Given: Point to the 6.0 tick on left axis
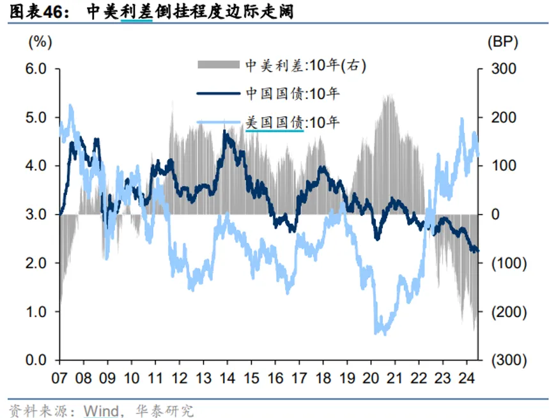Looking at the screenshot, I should coord(37,68).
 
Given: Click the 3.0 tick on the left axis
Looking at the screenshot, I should coord(37,214).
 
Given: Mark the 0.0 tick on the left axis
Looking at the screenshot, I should coord(37,360).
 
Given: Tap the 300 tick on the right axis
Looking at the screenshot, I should coord(502,68).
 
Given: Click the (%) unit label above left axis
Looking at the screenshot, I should coord(40,42).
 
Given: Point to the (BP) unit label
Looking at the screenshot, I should coord(502,42).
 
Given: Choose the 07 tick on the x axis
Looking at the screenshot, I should coord(59,377).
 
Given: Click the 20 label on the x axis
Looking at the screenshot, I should coord(371,377).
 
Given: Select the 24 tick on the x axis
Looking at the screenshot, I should coord(467,377).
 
